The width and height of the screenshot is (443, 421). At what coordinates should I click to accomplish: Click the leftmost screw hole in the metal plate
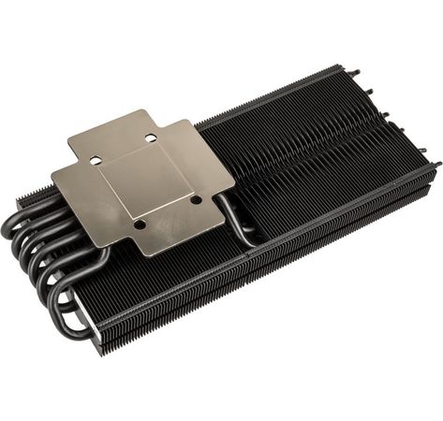point(95,160)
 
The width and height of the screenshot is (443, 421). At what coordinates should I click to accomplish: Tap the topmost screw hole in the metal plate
point(150,138)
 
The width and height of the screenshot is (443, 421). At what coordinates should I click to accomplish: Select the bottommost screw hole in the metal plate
point(138,224)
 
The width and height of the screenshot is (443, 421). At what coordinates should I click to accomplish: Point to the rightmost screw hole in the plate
point(195,198)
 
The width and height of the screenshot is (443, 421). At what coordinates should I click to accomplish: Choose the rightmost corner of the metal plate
point(234,172)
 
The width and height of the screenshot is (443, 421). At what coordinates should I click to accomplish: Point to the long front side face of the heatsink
point(272,271)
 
